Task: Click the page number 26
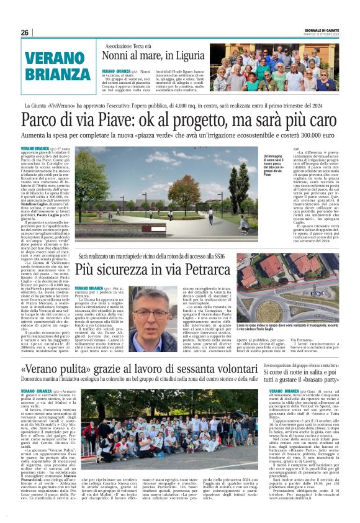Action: click(25, 32)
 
